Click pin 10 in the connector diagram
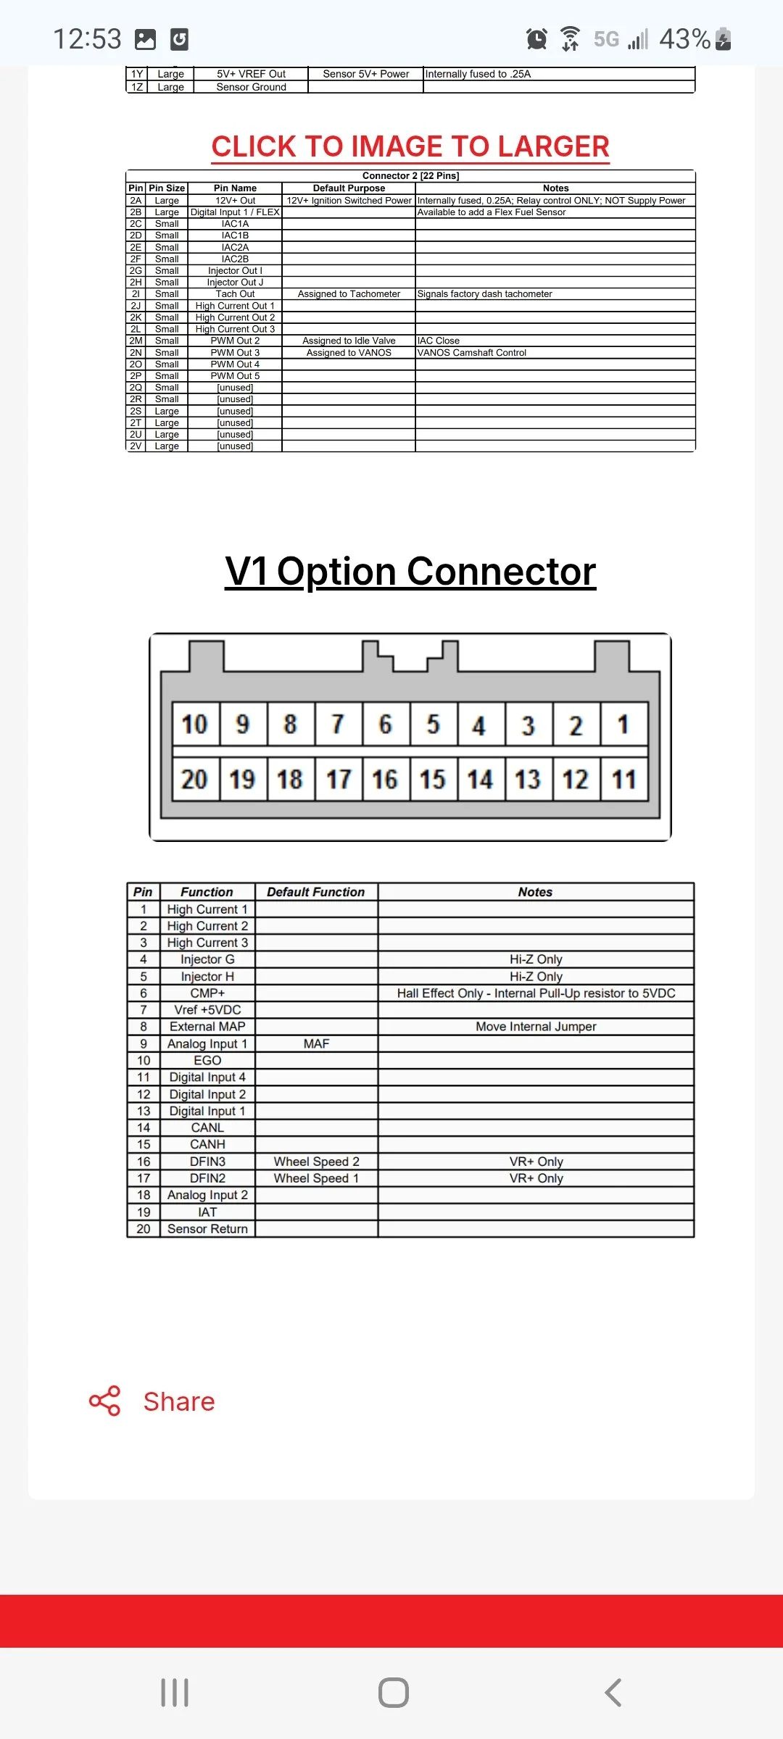click(195, 724)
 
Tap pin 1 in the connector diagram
click(623, 724)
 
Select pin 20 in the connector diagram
click(195, 780)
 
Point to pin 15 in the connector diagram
click(433, 780)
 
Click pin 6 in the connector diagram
click(385, 724)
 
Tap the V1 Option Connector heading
click(410, 571)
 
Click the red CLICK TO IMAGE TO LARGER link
click(410, 146)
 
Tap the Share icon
click(104, 1401)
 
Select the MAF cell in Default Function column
click(316, 1043)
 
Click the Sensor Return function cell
click(207, 1229)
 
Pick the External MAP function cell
click(207, 1027)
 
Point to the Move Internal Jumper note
click(536, 1027)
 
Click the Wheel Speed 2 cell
click(316, 1162)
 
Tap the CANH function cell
click(207, 1145)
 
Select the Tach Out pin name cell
click(235, 294)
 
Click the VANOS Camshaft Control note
click(472, 353)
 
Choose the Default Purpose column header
click(349, 188)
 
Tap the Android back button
click(613, 1693)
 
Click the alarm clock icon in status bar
click(536, 38)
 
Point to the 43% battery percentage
click(684, 38)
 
